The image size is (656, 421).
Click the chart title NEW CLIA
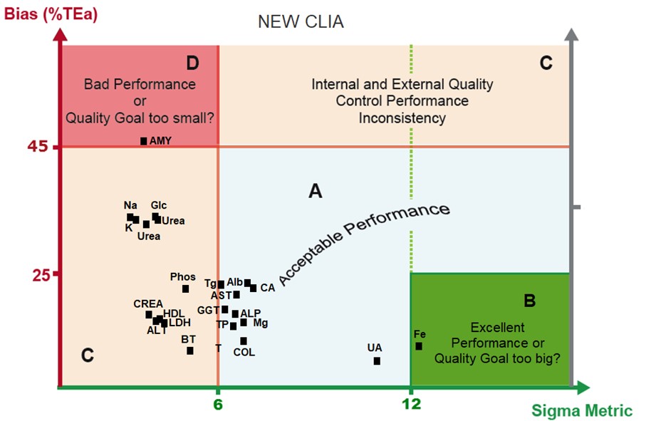(301, 22)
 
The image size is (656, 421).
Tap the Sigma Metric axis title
(581, 411)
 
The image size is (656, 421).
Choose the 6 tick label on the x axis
(218, 405)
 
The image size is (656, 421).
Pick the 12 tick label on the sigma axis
(411, 405)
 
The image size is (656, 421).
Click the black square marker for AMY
(143, 141)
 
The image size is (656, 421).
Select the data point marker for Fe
(419, 346)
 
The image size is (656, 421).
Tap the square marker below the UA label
(377, 361)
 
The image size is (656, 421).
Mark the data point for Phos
(186, 289)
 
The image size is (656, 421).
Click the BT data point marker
(190, 350)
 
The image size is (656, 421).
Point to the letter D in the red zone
(192, 63)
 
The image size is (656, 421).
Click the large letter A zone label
(315, 191)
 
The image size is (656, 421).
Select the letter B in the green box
(529, 301)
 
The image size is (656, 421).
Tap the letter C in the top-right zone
(546, 63)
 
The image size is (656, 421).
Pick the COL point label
(244, 352)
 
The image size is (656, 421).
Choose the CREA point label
(148, 303)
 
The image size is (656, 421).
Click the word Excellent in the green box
(498, 328)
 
